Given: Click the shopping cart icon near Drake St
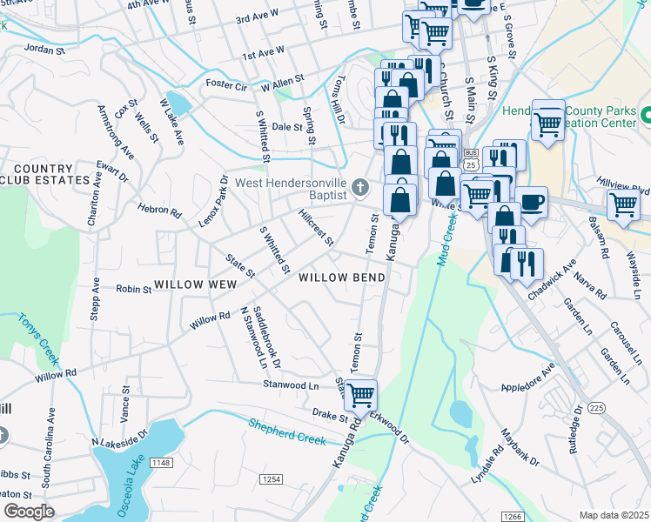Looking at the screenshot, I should [360, 394].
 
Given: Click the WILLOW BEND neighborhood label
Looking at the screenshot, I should [341, 278].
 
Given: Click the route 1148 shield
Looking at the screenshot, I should [161, 463].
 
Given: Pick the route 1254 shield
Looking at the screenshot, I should [272, 479].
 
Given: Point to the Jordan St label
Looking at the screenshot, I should [44, 49].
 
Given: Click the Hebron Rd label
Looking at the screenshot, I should [159, 211].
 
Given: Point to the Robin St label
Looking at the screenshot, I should [133, 288].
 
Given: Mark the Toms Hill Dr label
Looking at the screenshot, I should [336, 101].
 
